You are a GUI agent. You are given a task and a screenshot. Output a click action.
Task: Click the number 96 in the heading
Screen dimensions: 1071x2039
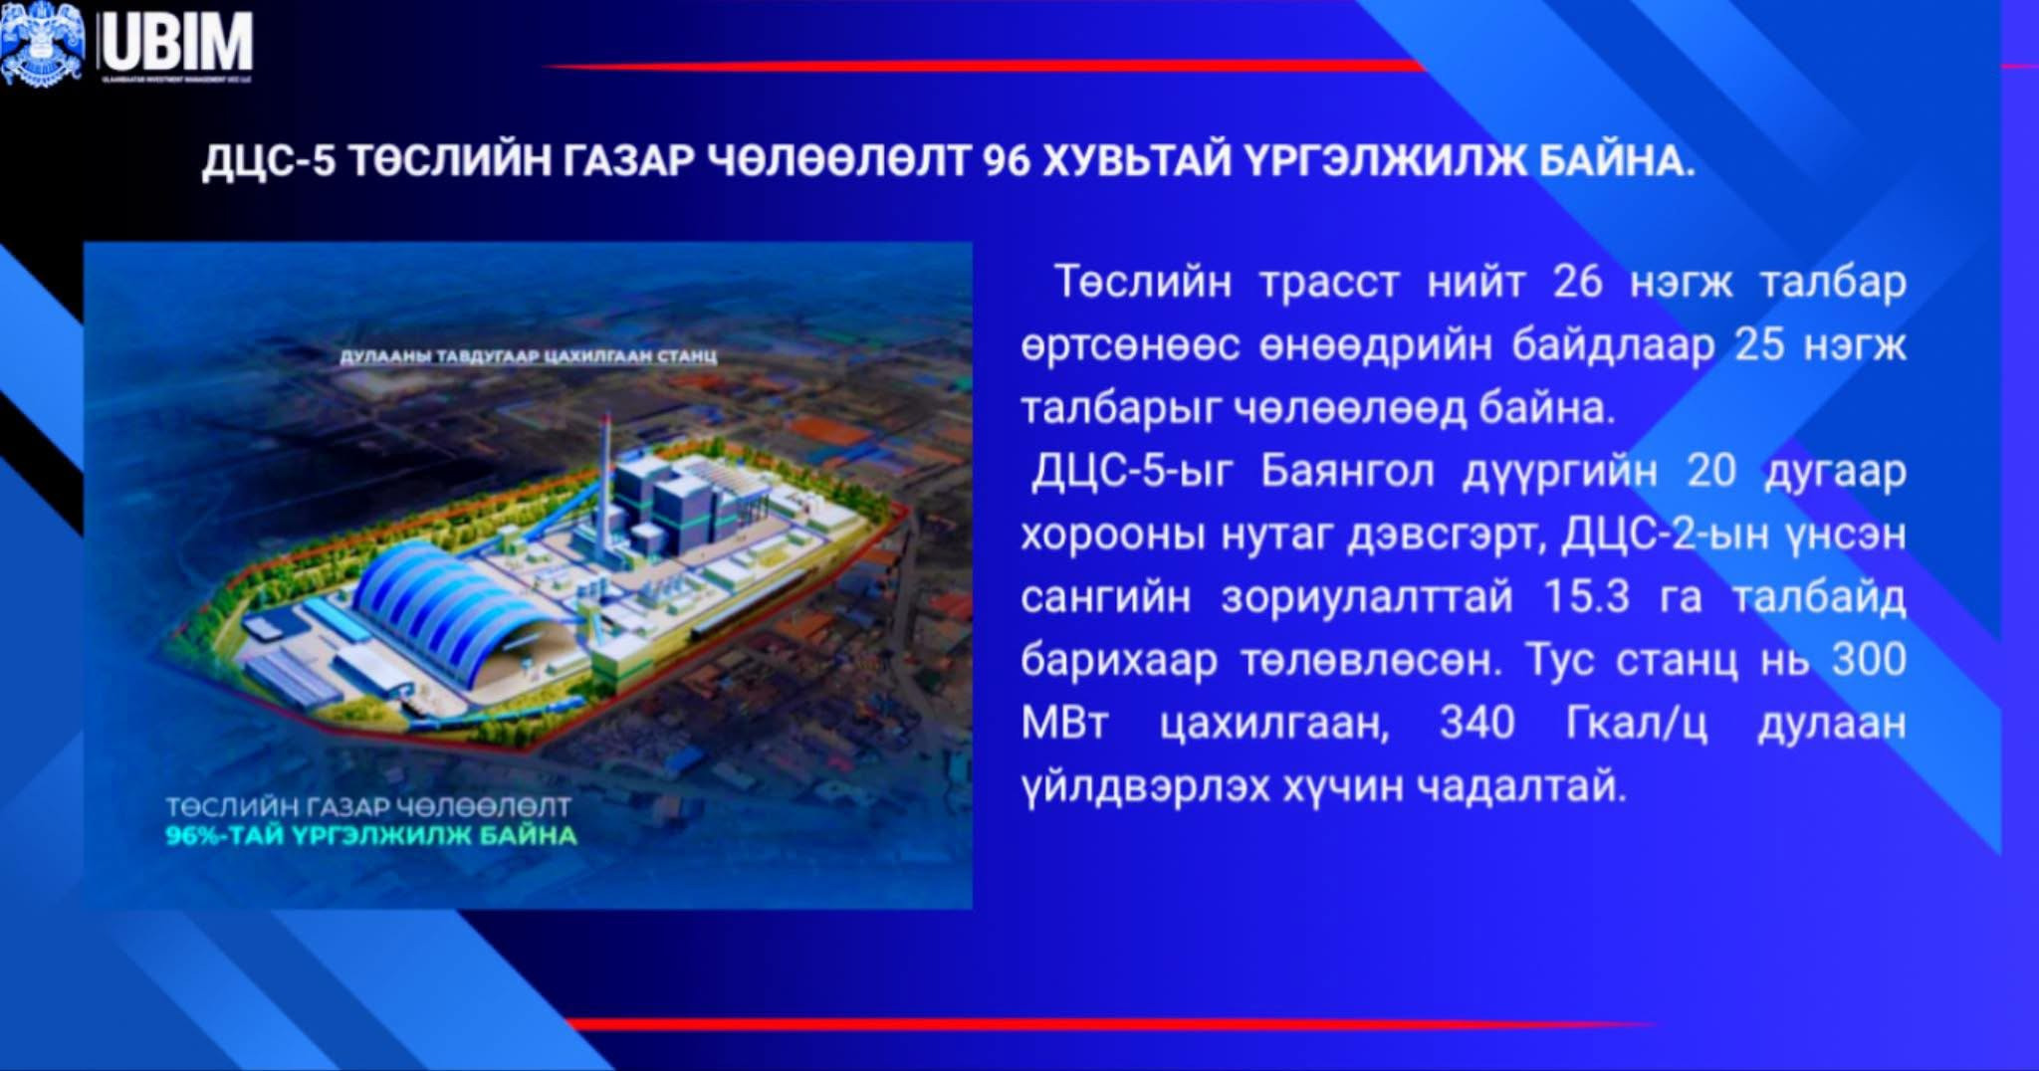point(1007,161)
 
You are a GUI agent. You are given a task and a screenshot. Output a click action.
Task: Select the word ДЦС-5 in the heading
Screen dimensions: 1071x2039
point(269,161)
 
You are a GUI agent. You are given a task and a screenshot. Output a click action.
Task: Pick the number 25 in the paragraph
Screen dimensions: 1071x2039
point(1759,345)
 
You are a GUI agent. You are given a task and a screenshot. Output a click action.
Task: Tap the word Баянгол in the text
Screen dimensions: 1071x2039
point(1346,471)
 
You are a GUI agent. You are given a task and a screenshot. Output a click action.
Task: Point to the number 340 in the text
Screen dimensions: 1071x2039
point(1476,723)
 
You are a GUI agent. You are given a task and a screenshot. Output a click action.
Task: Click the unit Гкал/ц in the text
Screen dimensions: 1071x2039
point(1636,723)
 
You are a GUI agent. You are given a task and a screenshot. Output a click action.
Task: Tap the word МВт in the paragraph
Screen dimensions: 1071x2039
point(1064,723)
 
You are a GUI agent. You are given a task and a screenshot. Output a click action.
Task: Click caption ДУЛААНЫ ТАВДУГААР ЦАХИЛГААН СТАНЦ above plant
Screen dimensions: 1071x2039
point(529,356)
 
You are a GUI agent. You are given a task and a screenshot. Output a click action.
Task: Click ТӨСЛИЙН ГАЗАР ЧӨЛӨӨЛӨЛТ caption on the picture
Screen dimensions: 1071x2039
point(367,806)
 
